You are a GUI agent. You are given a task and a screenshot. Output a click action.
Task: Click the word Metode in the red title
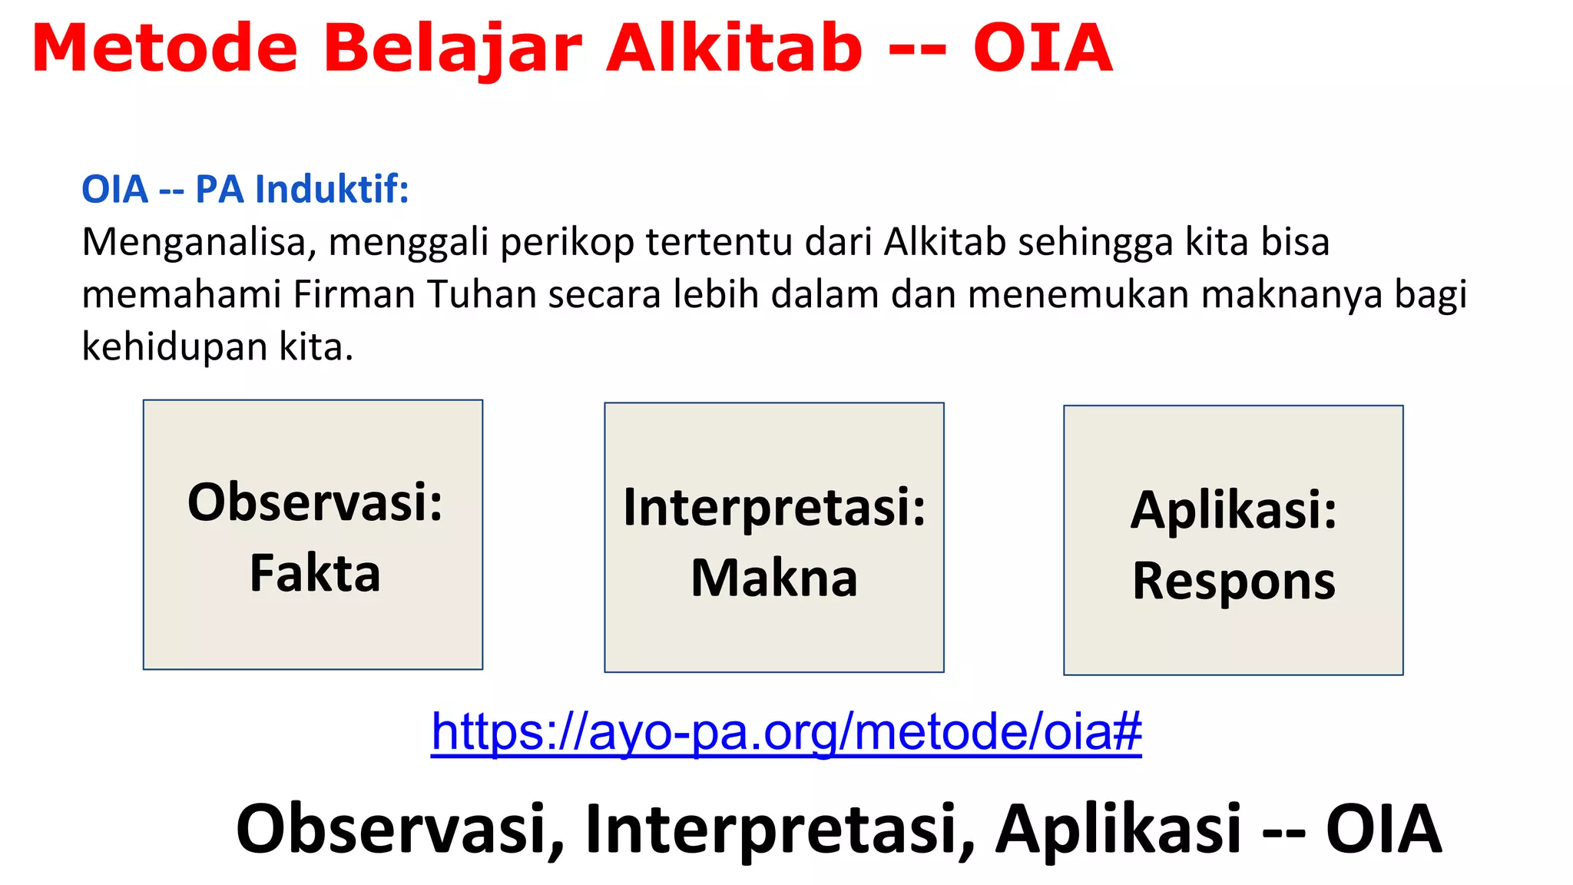coord(164,48)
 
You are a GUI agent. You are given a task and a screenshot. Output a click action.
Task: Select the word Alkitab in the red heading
coord(734,48)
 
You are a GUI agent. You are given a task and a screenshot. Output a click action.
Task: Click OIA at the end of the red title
coord(1042,48)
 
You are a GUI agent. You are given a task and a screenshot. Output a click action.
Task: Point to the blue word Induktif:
coord(332,189)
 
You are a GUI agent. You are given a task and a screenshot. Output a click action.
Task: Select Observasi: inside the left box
coord(315,502)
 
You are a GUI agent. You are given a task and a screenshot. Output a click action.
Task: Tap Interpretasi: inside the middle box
coord(774,507)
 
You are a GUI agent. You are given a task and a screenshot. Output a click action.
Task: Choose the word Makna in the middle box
coord(774,578)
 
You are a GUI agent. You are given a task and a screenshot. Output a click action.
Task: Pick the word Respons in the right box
coord(1234,581)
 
